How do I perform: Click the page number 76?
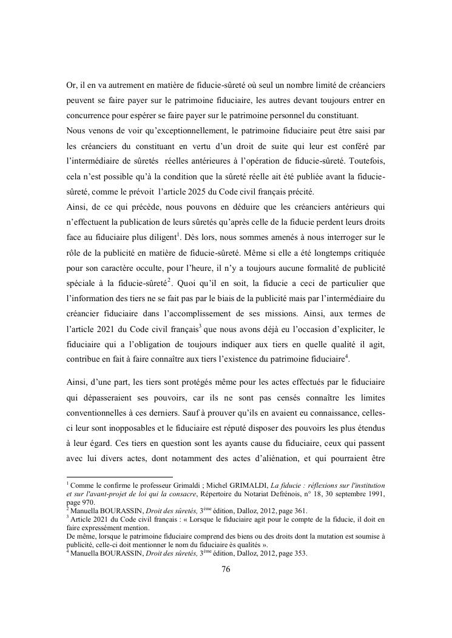click(226, 569)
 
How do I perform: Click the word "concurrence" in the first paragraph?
click(89, 115)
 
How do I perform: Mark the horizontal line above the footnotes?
click(120, 477)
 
